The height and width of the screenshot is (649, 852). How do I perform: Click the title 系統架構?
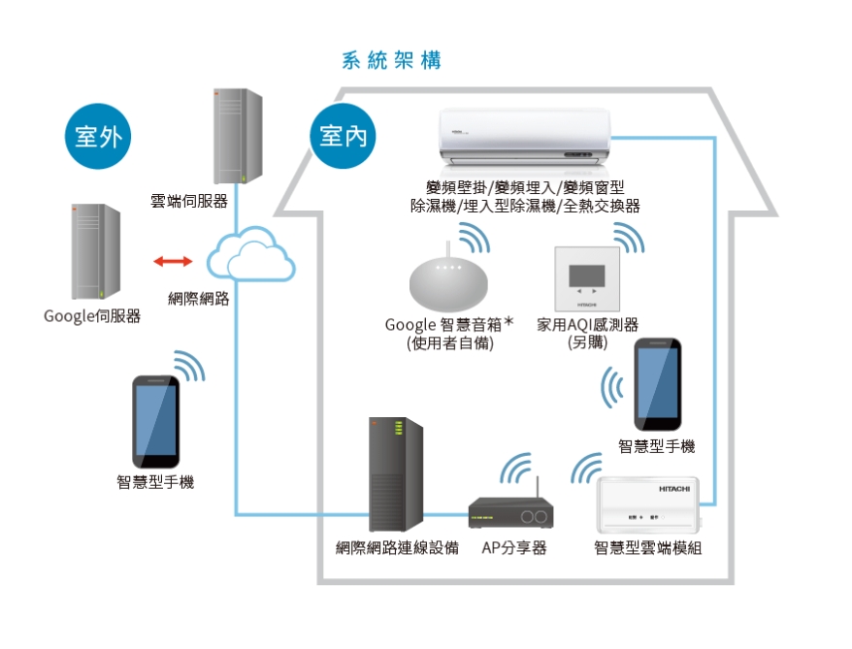[x=392, y=60]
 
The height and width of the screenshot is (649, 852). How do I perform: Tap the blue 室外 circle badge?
[x=98, y=137]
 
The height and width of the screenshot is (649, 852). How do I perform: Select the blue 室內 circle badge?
[x=343, y=137]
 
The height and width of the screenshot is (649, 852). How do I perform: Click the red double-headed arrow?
[x=173, y=261]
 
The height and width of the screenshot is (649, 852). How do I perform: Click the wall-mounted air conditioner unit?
[x=525, y=135]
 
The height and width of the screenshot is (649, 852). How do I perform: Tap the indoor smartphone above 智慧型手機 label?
[x=656, y=385]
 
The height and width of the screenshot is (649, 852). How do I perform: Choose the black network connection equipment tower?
[x=396, y=474]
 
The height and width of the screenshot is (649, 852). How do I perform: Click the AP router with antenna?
[x=511, y=512]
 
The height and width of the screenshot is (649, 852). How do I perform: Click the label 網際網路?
[x=199, y=299]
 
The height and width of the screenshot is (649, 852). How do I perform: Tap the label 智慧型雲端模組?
[x=647, y=548]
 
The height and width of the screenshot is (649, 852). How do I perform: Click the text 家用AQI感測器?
[x=587, y=325]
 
